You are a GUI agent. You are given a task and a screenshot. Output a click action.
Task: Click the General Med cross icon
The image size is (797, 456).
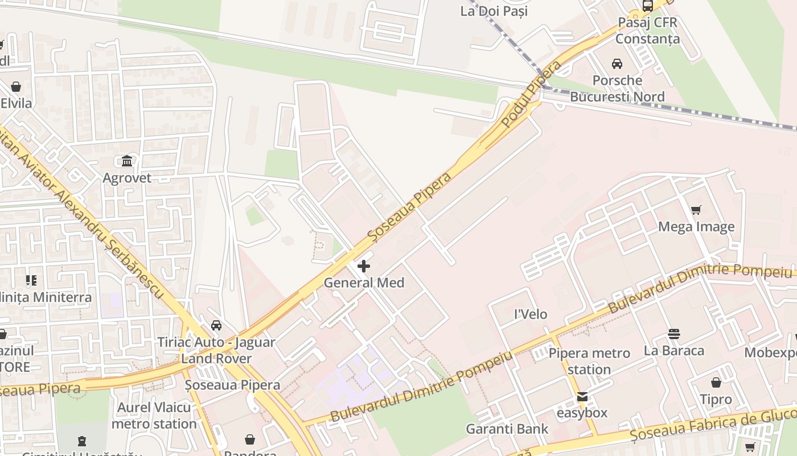(364, 266)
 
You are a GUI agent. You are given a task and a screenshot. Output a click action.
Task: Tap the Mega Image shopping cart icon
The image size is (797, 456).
(696, 210)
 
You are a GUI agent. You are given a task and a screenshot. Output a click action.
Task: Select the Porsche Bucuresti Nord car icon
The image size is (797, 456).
(617, 64)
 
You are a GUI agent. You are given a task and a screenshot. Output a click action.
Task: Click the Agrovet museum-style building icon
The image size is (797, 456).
(127, 161)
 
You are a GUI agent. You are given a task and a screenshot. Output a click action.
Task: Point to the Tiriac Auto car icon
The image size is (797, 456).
(216, 325)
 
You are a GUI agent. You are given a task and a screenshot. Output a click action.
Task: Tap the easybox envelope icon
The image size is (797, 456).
(582, 397)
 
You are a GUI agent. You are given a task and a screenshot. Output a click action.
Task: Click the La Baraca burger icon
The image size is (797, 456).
(674, 334)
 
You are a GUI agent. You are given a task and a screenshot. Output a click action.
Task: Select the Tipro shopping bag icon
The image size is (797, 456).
(716, 382)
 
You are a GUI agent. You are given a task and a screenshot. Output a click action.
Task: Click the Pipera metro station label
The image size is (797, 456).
(589, 361)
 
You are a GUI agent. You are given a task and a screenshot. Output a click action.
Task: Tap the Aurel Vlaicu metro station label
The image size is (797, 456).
(154, 416)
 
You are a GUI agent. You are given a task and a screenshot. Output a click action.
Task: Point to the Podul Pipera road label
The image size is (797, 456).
(531, 94)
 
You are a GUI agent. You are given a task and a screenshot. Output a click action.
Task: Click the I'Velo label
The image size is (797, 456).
(530, 314)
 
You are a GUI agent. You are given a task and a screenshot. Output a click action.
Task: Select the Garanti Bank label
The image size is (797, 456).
(507, 429)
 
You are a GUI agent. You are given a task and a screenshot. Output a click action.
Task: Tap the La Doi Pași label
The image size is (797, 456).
(494, 11)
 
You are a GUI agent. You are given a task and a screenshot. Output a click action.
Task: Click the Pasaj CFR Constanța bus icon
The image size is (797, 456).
(647, 6)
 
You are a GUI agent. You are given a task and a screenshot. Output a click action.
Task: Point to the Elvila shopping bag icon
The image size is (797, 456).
(16, 87)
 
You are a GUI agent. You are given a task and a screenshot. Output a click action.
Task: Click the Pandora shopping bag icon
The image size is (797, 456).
(249, 439)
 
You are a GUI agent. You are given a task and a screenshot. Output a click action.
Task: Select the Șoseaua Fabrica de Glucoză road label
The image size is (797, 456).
(712, 426)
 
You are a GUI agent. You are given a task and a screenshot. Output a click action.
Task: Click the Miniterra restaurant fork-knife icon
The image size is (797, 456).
(31, 280)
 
